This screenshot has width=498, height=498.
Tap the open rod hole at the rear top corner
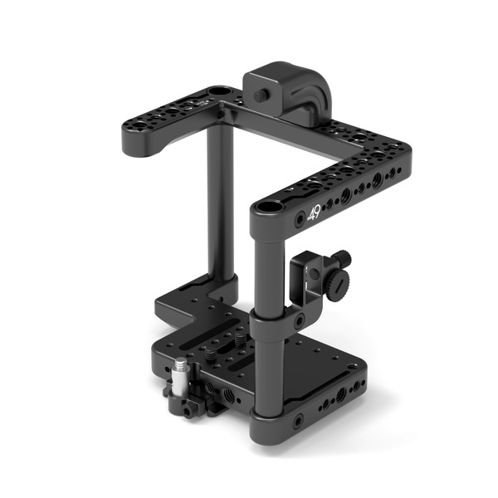click(220, 90)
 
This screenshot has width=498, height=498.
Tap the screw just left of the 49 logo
click(300, 220)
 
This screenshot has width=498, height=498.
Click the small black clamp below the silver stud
click(183, 403)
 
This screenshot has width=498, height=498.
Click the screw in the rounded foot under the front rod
click(297, 422)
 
